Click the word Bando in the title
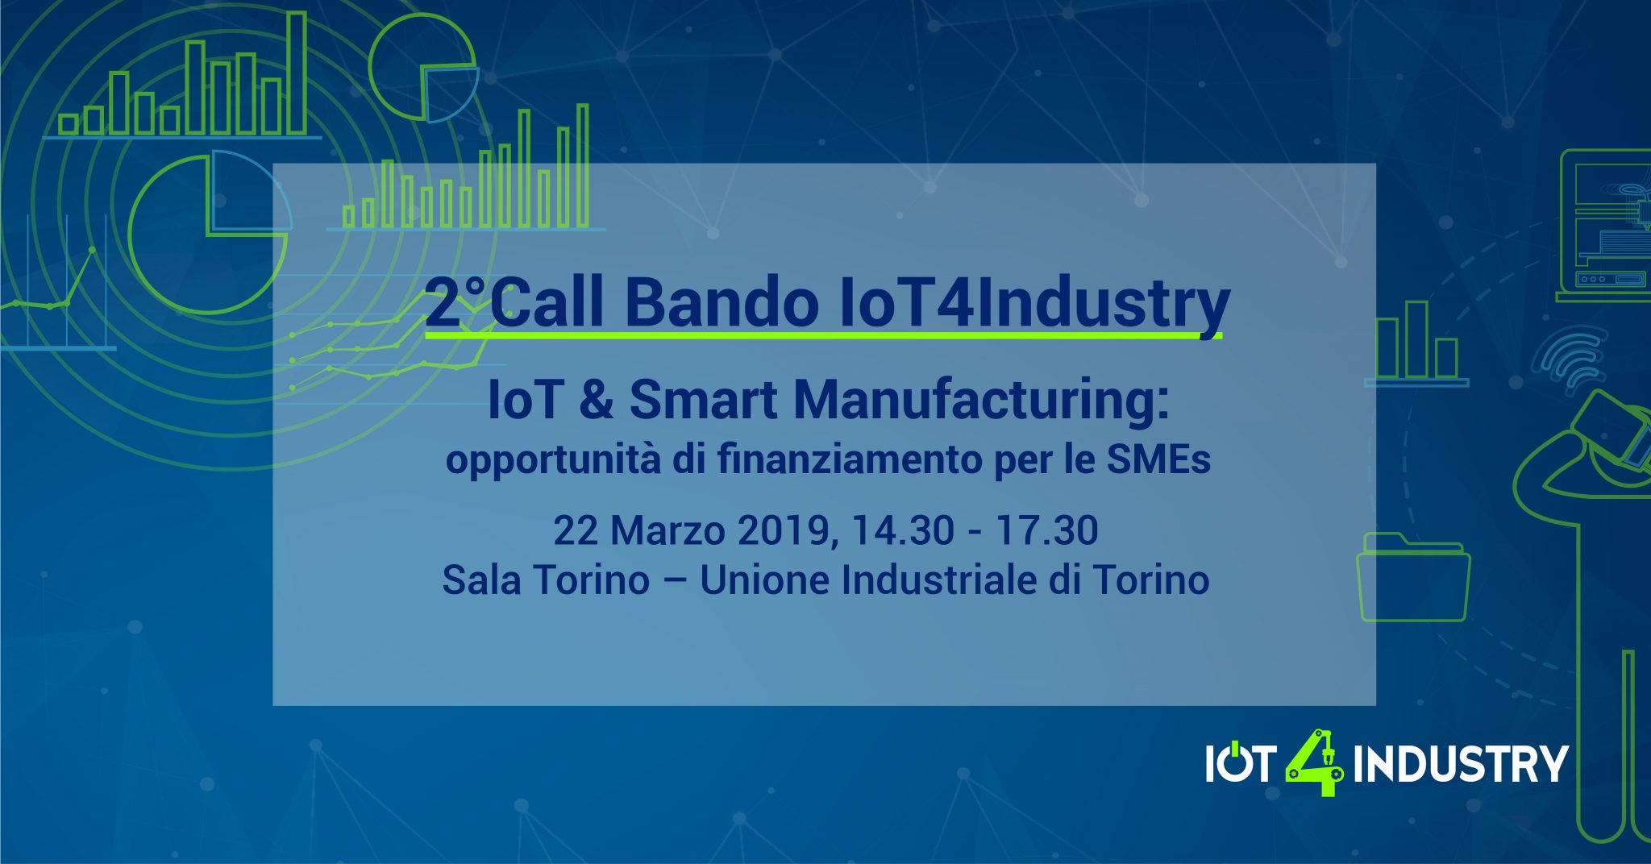coord(721,303)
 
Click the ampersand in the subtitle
coord(596,400)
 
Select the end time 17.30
coord(1046,530)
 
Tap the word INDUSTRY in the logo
coord(1460,764)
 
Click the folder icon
coord(1413,576)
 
